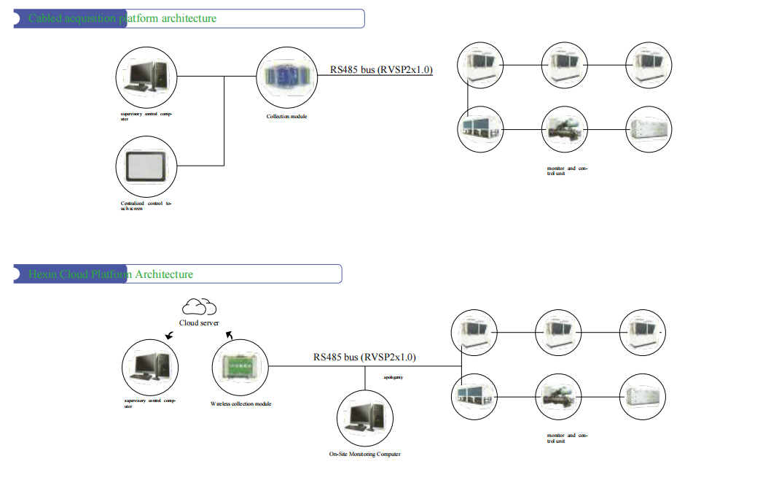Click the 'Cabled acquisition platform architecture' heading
(x=122, y=18)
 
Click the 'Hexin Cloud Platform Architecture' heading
(x=111, y=274)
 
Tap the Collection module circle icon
(x=285, y=77)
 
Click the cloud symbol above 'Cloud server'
(x=199, y=306)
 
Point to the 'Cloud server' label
(x=199, y=323)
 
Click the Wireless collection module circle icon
(x=240, y=368)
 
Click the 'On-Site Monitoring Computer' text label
(x=364, y=454)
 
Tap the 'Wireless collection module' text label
(x=240, y=403)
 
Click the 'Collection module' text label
(x=286, y=117)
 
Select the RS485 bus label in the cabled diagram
(x=381, y=70)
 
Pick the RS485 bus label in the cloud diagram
(x=364, y=357)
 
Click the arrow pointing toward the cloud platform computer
(x=169, y=336)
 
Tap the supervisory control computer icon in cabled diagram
(x=146, y=77)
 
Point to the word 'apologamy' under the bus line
(x=394, y=377)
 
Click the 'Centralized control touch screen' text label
(x=146, y=206)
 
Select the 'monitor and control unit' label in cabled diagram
(x=567, y=171)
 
